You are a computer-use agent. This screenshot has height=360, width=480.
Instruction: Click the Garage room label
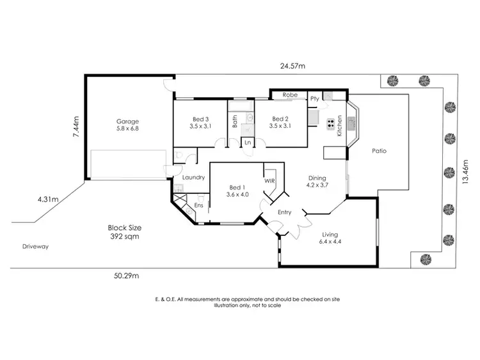point(127,121)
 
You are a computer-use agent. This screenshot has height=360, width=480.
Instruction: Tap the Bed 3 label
point(201,119)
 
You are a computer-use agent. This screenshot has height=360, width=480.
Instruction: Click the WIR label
point(269,181)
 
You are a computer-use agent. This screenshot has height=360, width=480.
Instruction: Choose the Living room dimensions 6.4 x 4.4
point(331,242)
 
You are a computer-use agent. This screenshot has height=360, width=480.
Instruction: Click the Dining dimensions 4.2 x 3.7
point(317,187)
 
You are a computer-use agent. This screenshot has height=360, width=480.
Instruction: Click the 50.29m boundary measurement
point(127,276)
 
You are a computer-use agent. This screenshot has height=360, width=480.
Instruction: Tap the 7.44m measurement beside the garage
point(76,127)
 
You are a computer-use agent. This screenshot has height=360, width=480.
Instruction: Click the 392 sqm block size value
point(125,236)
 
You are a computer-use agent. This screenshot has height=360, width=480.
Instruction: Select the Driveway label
point(35,246)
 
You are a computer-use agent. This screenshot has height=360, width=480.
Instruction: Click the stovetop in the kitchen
point(331,124)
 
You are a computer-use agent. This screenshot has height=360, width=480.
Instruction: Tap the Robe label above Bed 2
point(290,95)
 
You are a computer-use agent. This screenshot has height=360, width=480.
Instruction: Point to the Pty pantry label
point(314,99)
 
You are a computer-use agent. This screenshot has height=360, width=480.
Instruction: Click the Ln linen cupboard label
point(248,143)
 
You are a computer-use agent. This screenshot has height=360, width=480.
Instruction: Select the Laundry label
point(193,177)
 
